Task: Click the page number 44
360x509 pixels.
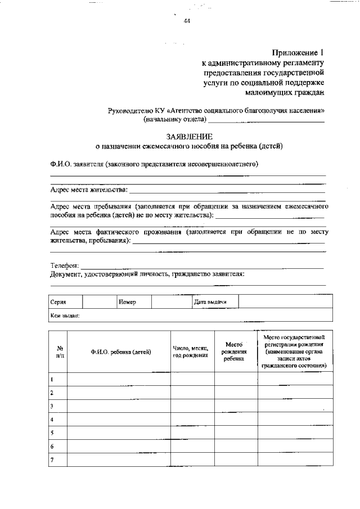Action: pos(186,21)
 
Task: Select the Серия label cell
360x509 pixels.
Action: pos(58,302)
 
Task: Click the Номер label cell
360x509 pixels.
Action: pos(128,302)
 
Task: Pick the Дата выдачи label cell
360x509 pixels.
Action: pos(210,302)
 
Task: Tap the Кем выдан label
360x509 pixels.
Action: pos(65,316)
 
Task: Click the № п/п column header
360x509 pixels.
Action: pos(59,352)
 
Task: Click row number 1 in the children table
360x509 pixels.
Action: pos(52,379)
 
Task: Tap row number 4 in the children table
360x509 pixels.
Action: pos(52,420)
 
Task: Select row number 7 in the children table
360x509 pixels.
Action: pos(52,460)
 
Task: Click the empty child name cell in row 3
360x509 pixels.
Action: pos(118,406)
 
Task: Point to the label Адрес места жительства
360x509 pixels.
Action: pos(89,190)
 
